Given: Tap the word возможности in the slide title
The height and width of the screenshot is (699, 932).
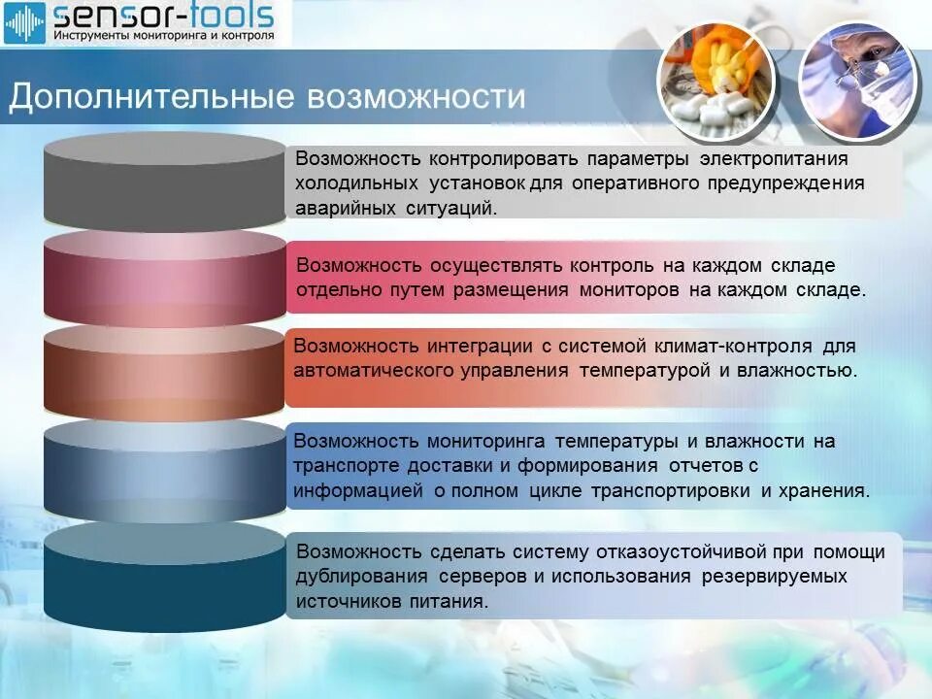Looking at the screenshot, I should pos(417,98).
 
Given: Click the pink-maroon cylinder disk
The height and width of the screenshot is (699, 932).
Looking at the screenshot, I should pos(164,277).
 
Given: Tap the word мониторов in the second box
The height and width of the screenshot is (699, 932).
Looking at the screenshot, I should pos(630,289).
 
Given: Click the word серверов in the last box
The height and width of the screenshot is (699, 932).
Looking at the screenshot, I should pos(480,577).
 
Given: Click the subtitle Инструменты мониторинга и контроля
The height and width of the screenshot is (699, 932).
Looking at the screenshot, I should pos(162,35).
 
